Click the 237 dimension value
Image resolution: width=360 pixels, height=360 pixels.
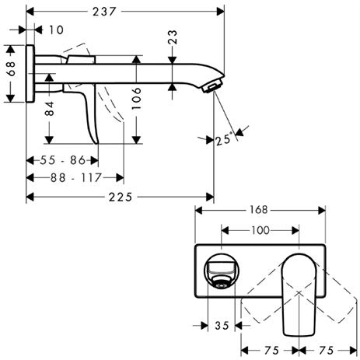click(104, 12)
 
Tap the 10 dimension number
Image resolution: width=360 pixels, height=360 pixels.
click(56, 30)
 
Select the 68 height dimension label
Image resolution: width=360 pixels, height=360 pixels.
click(11, 68)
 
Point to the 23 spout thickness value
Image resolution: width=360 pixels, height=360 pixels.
click(173, 37)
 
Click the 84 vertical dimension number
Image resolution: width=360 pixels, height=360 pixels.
click(49, 109)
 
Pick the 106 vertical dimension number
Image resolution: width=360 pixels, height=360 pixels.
click(136, 98)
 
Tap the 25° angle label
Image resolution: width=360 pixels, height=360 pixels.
click(223, 140)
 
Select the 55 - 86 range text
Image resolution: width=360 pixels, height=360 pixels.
click(63, 160)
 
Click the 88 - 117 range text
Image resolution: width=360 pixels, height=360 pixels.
click(76, 178)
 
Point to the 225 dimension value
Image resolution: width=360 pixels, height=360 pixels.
click(121, 197)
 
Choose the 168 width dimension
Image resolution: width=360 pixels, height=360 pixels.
click(258, 210)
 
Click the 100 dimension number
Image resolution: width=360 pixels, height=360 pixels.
click(260, 230)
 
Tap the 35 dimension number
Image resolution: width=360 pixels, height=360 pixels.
click(222, 326)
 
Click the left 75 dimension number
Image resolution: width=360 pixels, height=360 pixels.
click(271, 351)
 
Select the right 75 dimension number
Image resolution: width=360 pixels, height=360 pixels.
click(326, 351)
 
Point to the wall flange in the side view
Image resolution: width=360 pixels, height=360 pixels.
click(30, 74)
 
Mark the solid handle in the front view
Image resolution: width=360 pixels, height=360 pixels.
click(299, 295)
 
